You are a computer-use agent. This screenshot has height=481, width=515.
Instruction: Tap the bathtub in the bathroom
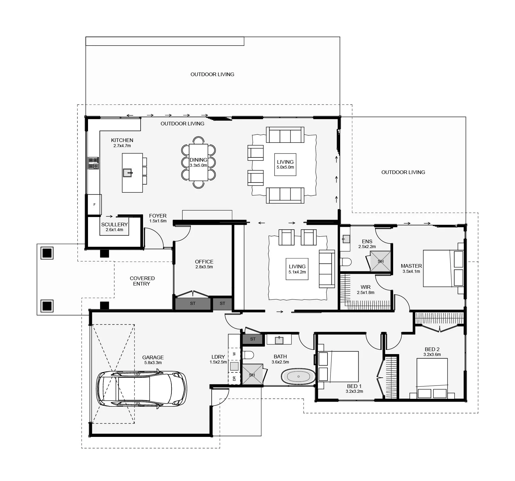click(298, 376)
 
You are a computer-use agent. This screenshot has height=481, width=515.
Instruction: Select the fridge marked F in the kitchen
click(94, 205)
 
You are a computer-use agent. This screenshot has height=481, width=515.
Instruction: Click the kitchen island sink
click(128, 173)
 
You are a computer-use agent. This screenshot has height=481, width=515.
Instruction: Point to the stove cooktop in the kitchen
click(93, 163)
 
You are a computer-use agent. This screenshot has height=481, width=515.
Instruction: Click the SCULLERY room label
click(114, 224)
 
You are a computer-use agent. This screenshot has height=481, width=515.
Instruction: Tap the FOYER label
click(158, 216)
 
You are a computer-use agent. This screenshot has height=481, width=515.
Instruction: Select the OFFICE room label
click(204, 262)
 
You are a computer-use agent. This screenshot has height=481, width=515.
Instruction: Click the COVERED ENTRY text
click(142, 281)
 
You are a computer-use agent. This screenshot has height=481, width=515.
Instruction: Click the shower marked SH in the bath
click(252, 375)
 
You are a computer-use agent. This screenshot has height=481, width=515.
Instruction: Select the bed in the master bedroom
click(443, 268)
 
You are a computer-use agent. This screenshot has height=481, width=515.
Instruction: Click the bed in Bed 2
click(432, 378)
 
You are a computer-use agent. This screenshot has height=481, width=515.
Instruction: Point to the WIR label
click(366, 287)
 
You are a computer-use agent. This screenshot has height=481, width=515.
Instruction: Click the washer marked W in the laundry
click(234, 353)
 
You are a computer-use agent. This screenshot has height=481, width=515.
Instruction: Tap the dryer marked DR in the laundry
click(234, 378)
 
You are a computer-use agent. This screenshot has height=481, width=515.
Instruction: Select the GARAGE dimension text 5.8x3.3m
click(153, 363)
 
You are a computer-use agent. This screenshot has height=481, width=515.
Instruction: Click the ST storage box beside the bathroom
click(253, 339)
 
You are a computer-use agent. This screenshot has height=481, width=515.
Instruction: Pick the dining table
click(198, 162)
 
